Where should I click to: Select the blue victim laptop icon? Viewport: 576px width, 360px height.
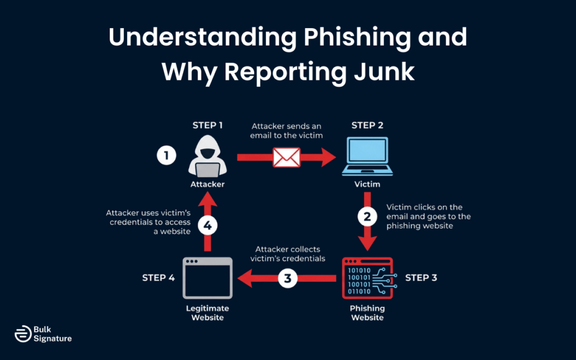(x=367, y=156)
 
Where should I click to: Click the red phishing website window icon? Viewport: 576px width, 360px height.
(x=367, y=278)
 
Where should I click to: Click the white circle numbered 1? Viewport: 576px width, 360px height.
(x=166, y=156)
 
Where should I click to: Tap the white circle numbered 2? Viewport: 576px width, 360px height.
(x=367, y=215)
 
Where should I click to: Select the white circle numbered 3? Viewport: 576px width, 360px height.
(x=288, y=278)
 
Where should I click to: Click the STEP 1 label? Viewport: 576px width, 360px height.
(x=208, y=125)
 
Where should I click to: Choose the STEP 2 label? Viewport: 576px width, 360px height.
(x=367, y=125)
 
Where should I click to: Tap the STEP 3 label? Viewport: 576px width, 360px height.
(x=421, y=278)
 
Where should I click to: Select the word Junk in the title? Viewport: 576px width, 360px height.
(x=383, y=71)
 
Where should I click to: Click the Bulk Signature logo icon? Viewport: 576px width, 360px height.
(x=22, y=334)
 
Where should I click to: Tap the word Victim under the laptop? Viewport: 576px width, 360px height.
(x=367, y=184)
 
